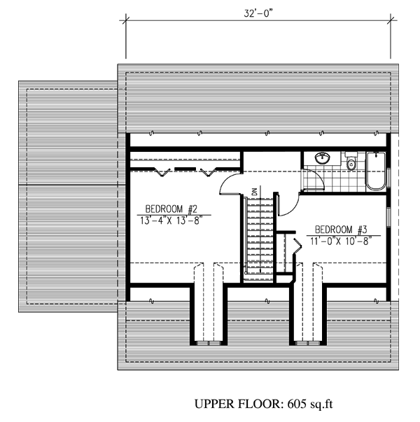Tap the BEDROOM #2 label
(x=171, y=209)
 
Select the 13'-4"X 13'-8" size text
(x=171, y=220)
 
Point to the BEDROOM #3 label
(x=341, y=230)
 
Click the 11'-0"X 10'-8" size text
(x=341, y=241)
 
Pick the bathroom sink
(x=322, y=157)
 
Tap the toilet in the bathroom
(x=351, y=161)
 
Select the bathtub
(x=376, y=171)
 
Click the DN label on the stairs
(x=255, y=191)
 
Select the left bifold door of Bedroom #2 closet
(x=162, y=172)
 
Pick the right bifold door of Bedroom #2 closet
(x=208, y=172)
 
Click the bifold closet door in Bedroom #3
(x=297, y=246)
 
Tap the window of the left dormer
(x=209, y=343)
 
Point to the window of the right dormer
(x=308, y=343)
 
